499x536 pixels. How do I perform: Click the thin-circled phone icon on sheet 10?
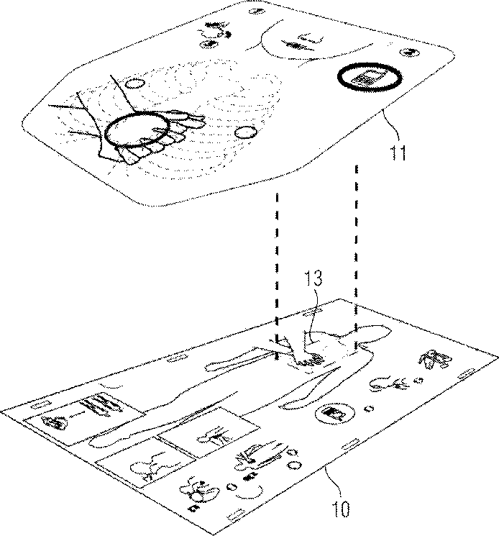click(331, 414)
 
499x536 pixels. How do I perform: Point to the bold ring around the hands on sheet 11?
click(139, 132)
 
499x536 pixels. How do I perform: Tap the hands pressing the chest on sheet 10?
click(306, 358)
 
